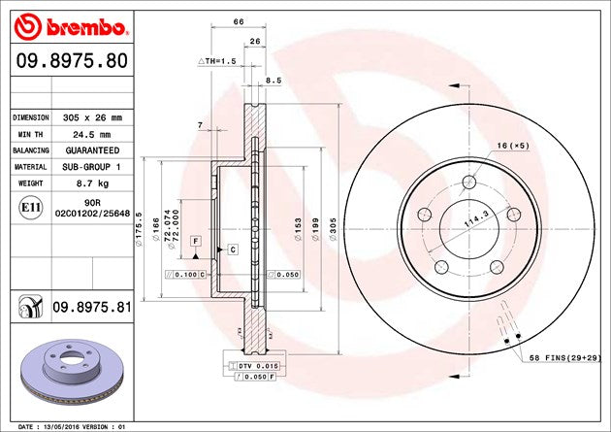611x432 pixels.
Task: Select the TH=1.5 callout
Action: [218, 61]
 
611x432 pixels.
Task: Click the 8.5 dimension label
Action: [273, 82]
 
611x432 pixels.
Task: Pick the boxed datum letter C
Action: [233, 249]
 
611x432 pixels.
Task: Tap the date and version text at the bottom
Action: [73, 426]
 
